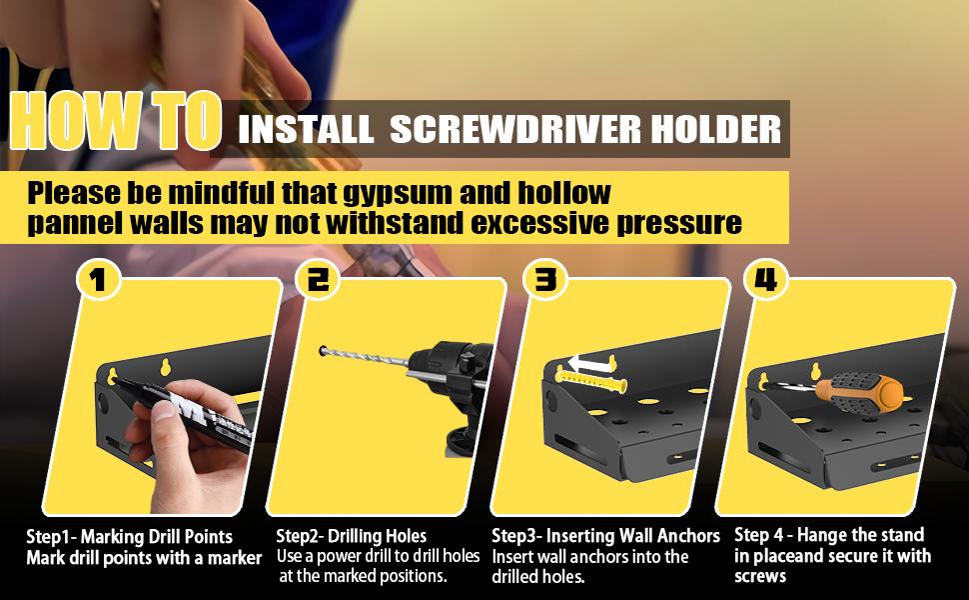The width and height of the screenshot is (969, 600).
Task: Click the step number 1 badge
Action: (x=96, y=280)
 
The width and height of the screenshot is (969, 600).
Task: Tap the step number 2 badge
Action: (x=317, y=280)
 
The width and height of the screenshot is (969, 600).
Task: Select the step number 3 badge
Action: (x=545, y=280)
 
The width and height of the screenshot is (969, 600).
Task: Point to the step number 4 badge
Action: (x=766, y=280)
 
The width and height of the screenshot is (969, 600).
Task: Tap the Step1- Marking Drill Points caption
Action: (x=129, y=537)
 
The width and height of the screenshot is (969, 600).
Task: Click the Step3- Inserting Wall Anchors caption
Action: (x=605, y=537)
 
